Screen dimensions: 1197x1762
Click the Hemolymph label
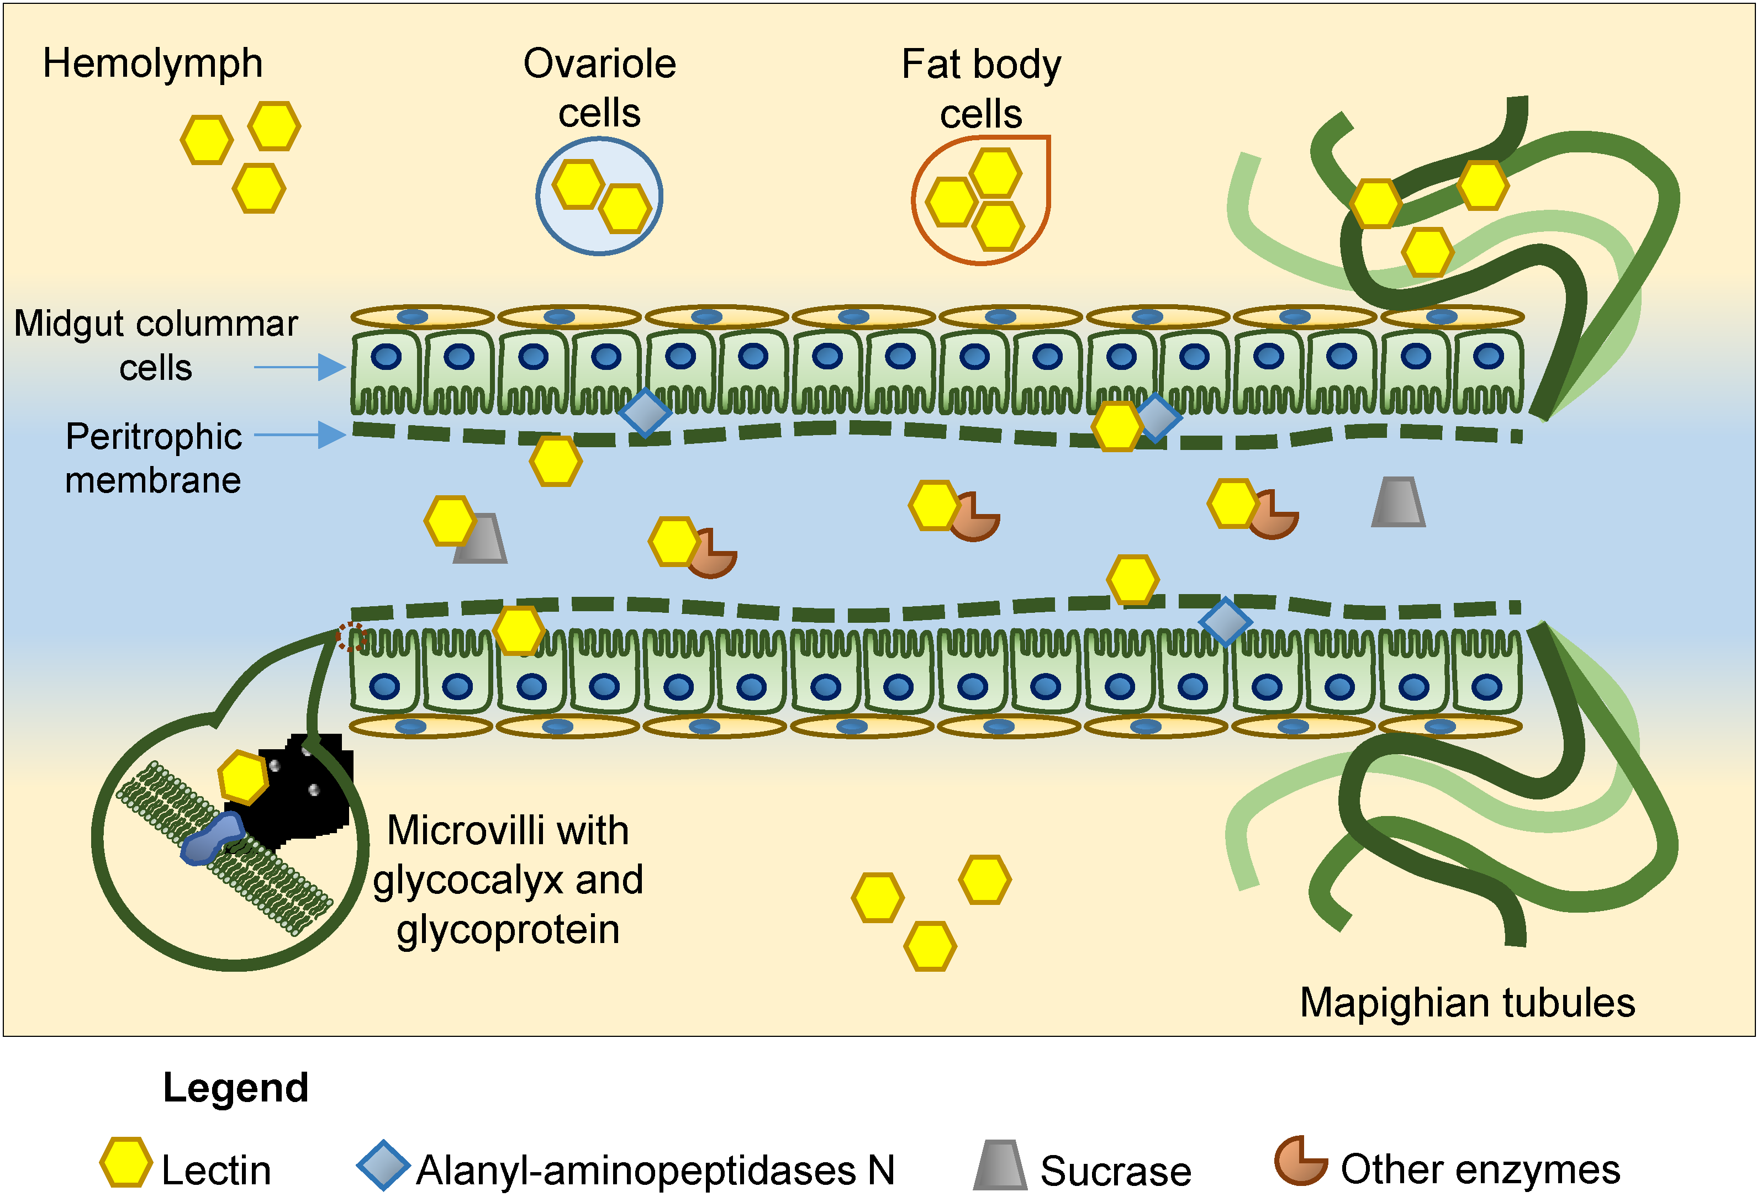tap(152, 63)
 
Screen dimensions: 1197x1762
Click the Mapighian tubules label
tap(1467, 1003)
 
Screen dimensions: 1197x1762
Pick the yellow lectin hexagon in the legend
tap(125, 1162)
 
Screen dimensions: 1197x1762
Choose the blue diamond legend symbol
tap(384, 1165)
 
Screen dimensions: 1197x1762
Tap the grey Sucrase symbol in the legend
tap(1000, 1165)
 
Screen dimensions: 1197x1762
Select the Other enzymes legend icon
tap(1299, 1161)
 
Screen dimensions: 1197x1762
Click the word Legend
tap(236, 1088)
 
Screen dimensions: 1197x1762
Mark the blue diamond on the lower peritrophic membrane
tap(1225, 622)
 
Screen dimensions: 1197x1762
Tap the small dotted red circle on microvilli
tap(351, 637)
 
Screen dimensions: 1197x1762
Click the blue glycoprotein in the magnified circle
tap(212, 838)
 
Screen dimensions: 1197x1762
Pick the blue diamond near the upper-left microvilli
tap(645, 413)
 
